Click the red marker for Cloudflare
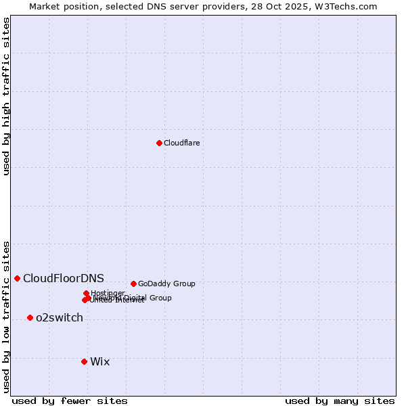[159, 143]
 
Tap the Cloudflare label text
[181, 143]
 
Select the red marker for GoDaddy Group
[133, 284]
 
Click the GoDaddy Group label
[166, 284]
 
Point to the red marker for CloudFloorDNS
[17, 278]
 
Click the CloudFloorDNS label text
[64, 278]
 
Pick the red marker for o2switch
[30, 317]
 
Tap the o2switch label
[60, 317]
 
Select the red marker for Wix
[84, 361]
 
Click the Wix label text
[99, 361]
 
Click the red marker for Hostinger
[87, 293]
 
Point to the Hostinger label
[108, 293]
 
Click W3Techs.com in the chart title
[350, 6]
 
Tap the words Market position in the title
[62, 6]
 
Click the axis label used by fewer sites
[70, 401]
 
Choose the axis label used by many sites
[340, 401]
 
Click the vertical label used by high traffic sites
[6, 96]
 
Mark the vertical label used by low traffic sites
[6, 316]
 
